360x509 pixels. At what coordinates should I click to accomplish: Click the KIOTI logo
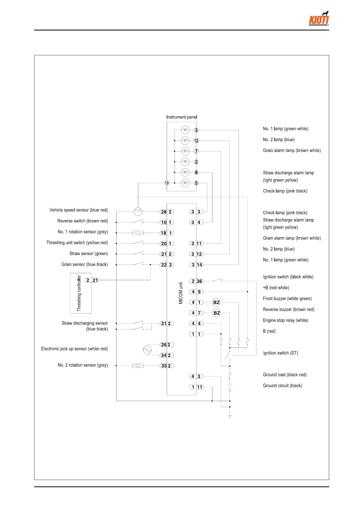[x=319, y=19]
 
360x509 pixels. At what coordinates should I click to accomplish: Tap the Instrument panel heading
[x=182, y=117]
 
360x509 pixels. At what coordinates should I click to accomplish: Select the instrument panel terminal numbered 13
[x=167, y=183]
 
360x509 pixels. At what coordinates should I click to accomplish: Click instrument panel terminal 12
[x=196, y=141]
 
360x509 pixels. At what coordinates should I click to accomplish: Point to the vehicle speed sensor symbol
[x=138, y=212]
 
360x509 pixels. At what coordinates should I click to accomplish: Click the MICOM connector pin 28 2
[x=167, y=212]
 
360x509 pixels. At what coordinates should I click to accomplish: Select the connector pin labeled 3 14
[x=196, y=264]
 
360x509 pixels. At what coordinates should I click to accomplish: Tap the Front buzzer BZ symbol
[x=216, y=302]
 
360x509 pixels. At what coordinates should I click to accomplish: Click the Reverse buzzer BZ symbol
[x=216, y=313]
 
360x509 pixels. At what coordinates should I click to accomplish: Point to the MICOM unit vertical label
[x=181, y=293]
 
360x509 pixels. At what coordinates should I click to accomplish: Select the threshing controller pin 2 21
[x=92, y=280]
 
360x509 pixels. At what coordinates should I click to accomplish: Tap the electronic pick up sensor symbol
[x=147, y=350]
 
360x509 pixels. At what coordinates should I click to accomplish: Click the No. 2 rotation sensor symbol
[x=138, y=366]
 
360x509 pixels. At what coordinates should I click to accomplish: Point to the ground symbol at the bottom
[x=230, y=417]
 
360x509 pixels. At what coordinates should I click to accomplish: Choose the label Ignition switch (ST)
[x=280, y=353]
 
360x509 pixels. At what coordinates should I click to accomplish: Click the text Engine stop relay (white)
[x=285, y=320]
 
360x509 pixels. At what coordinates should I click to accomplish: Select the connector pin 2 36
[x=196, y=281]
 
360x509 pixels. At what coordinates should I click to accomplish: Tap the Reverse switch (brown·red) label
[x=82, y=221]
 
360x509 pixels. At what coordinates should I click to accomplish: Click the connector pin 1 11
[x=196, y=387]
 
